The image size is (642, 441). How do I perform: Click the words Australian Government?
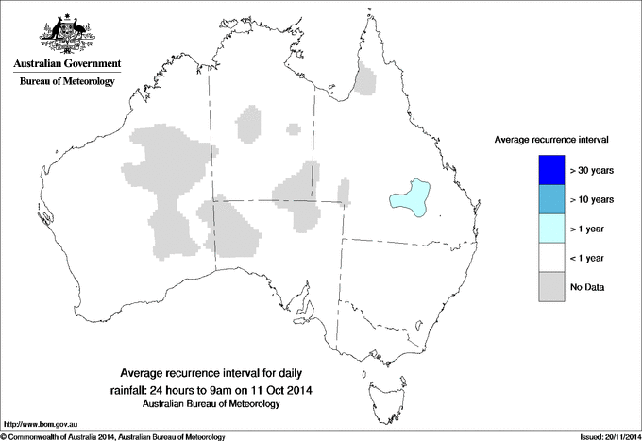(x=67, y=65)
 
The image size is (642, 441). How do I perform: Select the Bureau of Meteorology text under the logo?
(x=67, y=82)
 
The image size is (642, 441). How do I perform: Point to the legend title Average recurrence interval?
(x=552, y=140)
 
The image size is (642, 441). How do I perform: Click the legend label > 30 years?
(x=592, y=170)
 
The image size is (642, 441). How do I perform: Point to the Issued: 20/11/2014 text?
(x=603, y=436)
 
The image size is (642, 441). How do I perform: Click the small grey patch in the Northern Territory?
(x=249, y=124)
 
